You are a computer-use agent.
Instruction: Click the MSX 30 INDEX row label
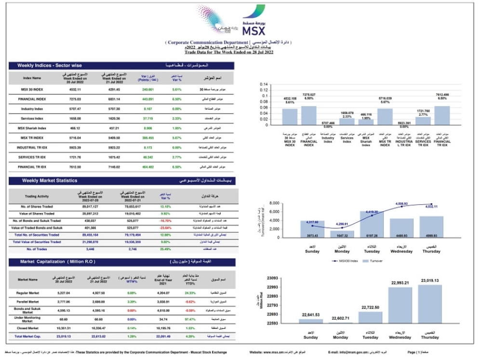[32, 89]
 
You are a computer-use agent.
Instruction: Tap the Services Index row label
[32, 118]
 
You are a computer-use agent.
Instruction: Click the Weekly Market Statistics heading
[49, 180]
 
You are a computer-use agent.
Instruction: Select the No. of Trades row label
[37, 249]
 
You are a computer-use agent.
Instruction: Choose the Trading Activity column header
[37, 196]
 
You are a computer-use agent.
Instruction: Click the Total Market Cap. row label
[31, 336]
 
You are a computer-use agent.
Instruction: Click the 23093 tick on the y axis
[272, 279]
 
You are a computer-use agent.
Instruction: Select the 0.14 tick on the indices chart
[263, 85]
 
